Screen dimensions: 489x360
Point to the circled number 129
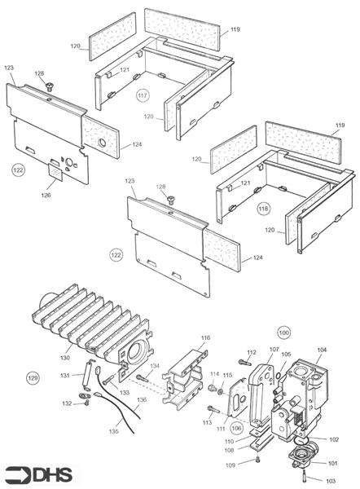click(33, 378)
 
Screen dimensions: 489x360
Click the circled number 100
click(283, 333)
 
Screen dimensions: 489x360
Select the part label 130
click(64, 357)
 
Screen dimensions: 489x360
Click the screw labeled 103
click(305, 474)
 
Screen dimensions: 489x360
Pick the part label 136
click(142, 400)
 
